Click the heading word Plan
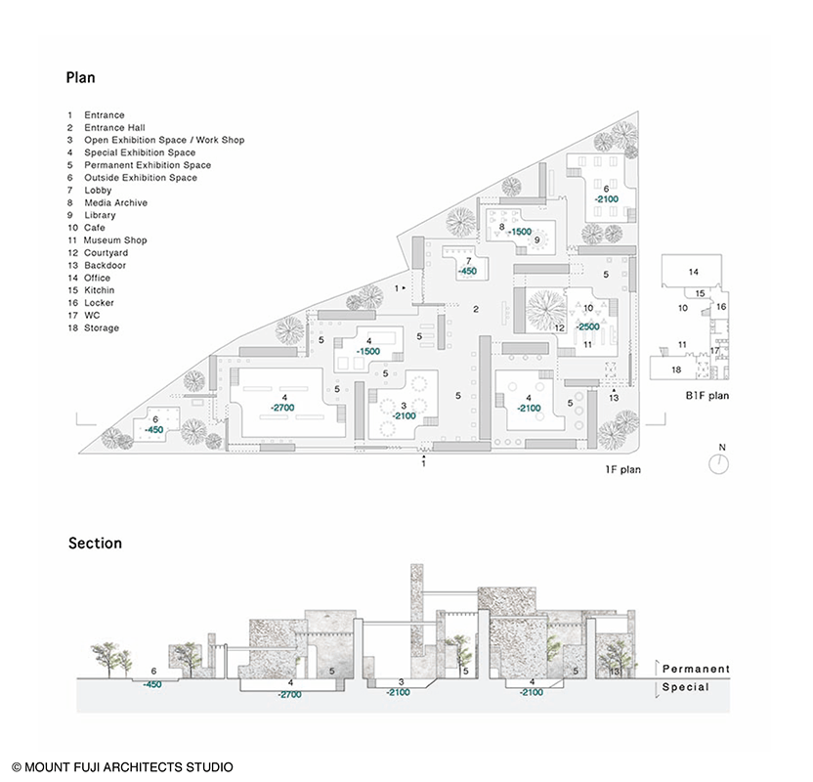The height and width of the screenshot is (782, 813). pyautogui.click(x=80, y=77)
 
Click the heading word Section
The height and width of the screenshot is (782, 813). pyautogui.click(x=95, y=543)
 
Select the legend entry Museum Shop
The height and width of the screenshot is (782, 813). pyautogui.click(x=114, y=240)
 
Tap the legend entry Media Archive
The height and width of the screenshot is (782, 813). pyautogui.click(x=115, y=203)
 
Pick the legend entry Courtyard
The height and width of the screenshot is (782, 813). pyautogui.click(x=111, y=253)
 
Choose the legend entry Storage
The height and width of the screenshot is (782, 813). pyautogui.click(x=102, y=328)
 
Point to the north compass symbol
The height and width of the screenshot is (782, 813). pyautogui.click(x=720, y=462)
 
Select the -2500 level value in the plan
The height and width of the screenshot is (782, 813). pyautogui.click(x=587, y=326)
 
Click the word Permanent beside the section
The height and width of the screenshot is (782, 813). pyautogui.click(x=696, y=669)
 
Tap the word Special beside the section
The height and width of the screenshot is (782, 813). pyautogui.click(x=686, y=687)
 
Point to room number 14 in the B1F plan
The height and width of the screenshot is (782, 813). pyautogui.click(x=693, y=271)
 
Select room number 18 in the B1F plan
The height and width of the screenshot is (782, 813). pyautogui.click(x=675, y=369)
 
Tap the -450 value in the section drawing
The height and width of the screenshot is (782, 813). pyautogui.click(x=152, y=684)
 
